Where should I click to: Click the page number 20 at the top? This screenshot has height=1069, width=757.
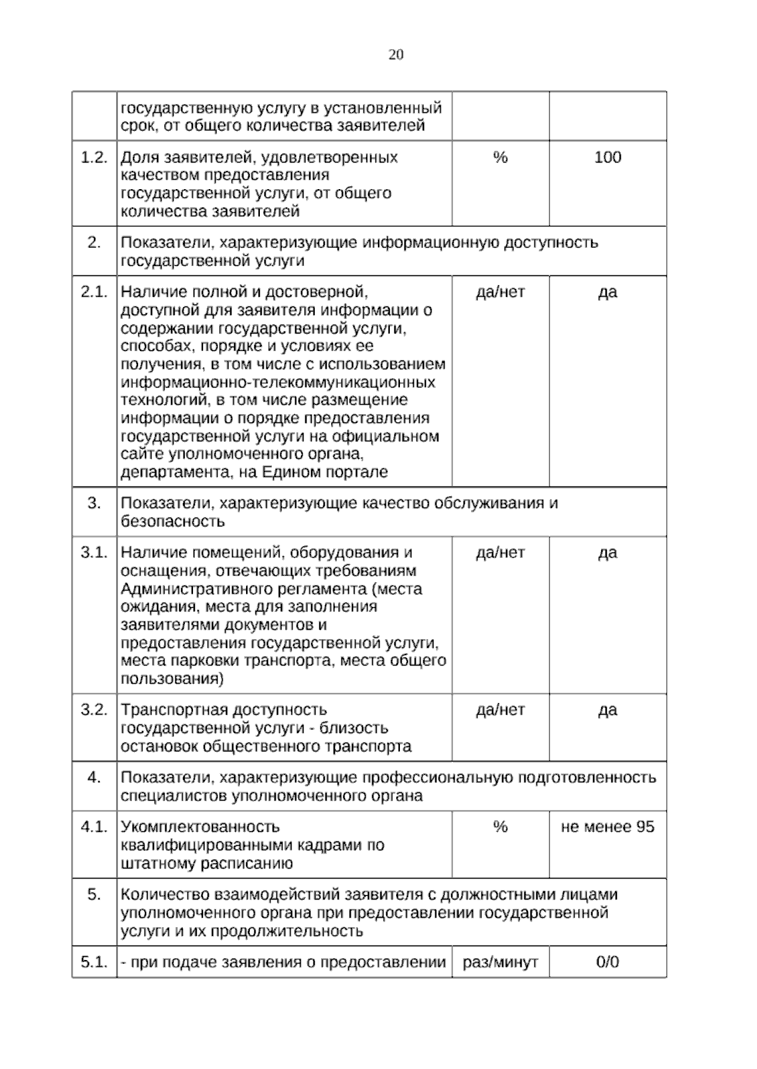[396, 55]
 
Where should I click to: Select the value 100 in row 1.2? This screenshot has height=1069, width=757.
[607, 157]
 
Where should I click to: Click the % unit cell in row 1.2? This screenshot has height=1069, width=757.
[500, 157]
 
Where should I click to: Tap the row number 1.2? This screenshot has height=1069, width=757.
[94, 157]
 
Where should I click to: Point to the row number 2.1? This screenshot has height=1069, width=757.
[94, 292]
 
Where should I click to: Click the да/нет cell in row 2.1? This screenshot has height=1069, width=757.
[500, 292]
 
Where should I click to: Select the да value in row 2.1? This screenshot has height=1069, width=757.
[607, 292]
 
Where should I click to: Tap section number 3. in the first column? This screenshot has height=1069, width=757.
[94, 503]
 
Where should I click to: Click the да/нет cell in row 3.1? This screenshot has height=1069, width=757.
[500, 552]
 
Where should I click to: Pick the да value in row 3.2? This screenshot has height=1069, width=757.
[607, 710]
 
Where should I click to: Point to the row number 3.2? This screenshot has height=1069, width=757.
[94, 710]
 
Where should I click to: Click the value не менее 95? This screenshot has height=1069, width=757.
[607, 826]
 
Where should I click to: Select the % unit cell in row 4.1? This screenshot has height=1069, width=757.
[500, 826]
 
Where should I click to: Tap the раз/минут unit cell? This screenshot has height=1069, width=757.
[500, 962]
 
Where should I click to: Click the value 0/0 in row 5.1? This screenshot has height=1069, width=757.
[607, 962]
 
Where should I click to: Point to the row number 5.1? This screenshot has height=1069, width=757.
[94, 962]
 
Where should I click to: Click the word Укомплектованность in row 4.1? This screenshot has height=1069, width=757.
[199, 826]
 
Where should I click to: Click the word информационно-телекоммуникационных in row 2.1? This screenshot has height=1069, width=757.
[278, 382]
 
